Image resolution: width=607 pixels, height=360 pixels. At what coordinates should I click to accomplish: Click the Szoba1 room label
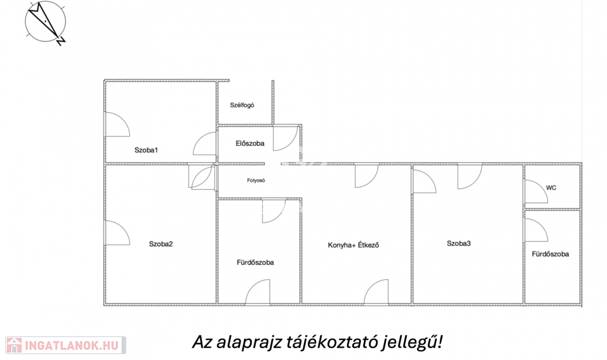tap(146, 150)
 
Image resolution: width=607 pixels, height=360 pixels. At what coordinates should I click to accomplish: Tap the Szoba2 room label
tap(161, 244)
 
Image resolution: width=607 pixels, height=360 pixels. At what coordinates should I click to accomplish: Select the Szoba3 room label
tap(459, 243)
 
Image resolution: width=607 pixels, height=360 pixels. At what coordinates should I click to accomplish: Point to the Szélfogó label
tap(242, 105)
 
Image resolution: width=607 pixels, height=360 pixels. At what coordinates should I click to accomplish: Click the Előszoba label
tap(250, 144)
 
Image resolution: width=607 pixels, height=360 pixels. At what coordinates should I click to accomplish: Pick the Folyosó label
tap(256, 180)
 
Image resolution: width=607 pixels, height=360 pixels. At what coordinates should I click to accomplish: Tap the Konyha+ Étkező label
tap(353, 245)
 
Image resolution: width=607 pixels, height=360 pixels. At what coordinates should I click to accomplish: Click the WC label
tap(551, 188)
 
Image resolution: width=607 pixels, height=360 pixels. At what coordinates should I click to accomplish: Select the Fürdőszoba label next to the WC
tap(550, 254)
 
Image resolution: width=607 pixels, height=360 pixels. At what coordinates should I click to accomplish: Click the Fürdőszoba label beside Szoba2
tap(255, 262)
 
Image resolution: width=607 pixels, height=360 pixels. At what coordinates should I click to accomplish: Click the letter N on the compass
tap(61, 41)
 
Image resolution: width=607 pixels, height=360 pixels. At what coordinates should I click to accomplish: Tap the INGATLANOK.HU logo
tap(66, 345)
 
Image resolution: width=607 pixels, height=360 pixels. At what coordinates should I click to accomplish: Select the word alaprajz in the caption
tap(249, 343)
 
